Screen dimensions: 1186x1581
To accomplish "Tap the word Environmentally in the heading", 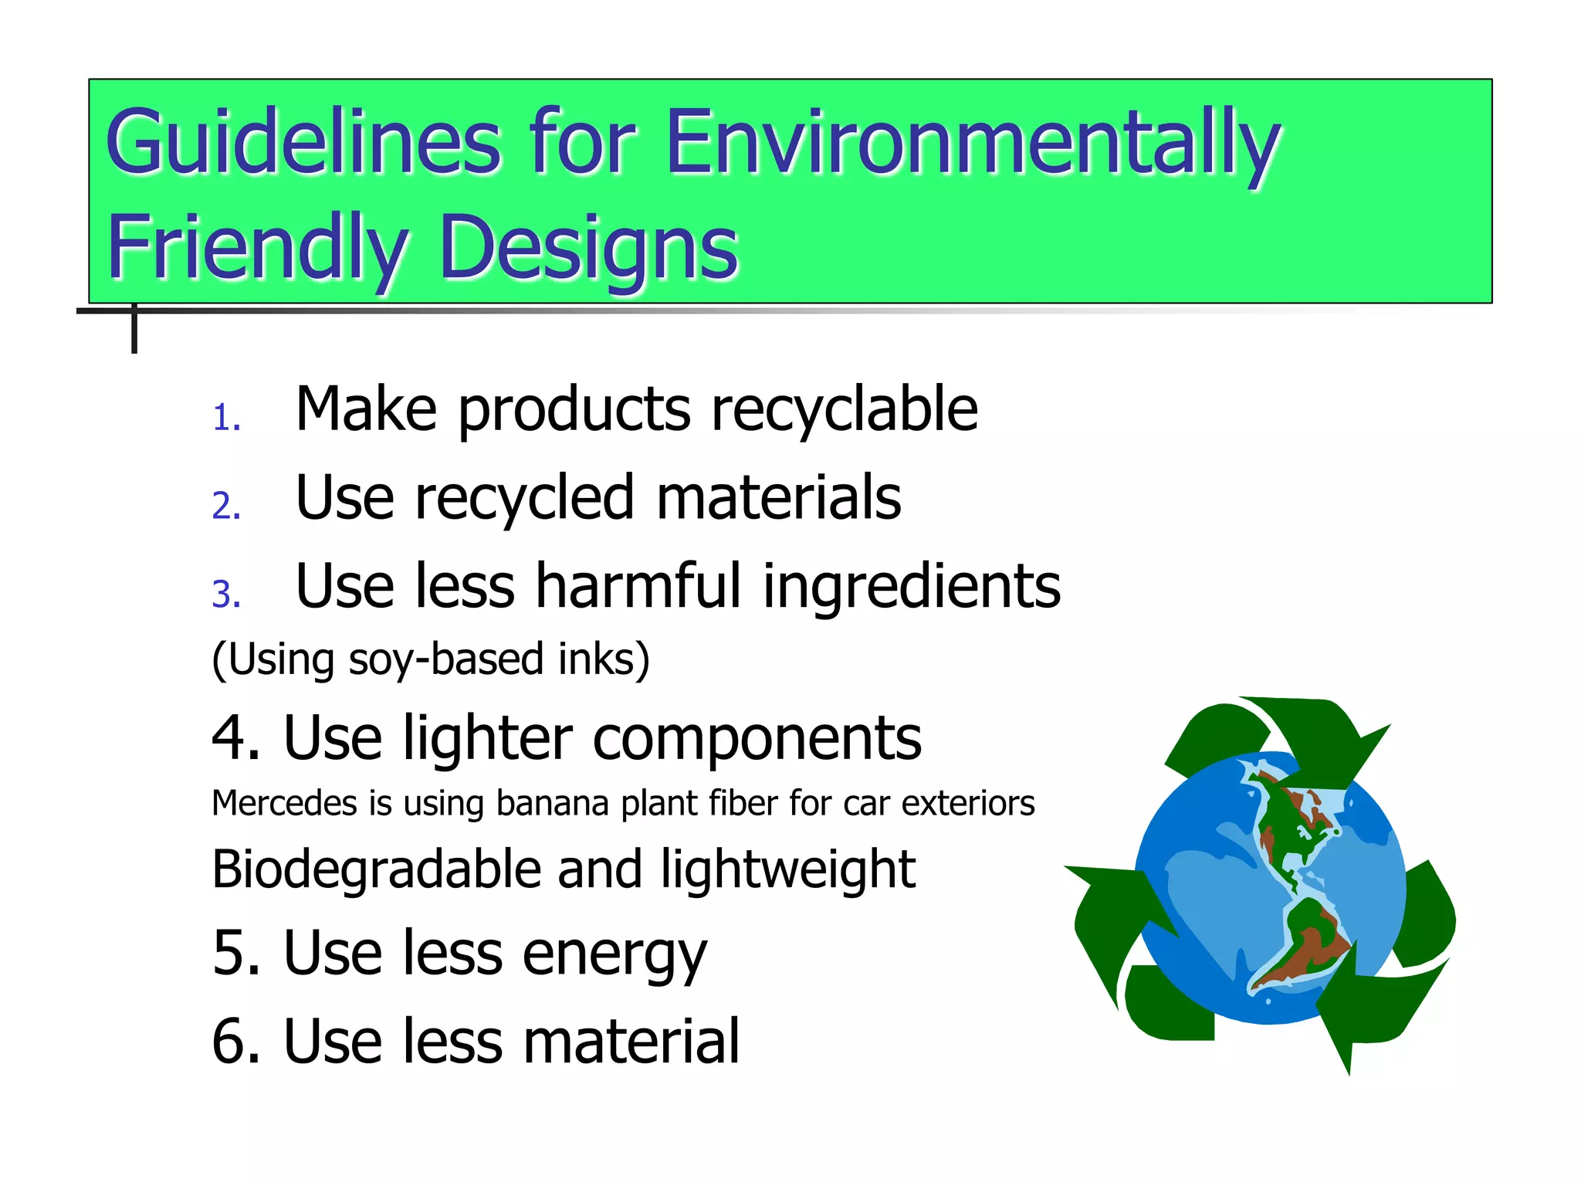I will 973,143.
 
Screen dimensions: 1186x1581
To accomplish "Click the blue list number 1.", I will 226,418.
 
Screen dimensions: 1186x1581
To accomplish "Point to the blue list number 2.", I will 226,506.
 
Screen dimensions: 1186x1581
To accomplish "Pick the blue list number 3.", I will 226,595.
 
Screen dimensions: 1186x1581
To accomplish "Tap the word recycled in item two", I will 524,498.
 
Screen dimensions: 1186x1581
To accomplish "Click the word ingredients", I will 912,588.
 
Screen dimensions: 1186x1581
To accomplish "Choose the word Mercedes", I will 285,804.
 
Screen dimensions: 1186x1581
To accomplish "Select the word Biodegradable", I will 377,870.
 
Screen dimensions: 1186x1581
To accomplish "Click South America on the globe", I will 1305,946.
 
